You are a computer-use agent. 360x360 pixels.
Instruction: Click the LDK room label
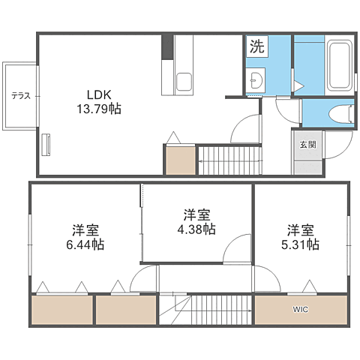click(99, 94)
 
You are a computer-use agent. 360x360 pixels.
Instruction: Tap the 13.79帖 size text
click(99, 109)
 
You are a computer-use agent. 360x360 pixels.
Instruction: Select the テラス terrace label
click(21, 95)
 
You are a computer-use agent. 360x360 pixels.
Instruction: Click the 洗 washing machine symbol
click(257, 46)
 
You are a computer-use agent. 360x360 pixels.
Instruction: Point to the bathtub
click(340, 65)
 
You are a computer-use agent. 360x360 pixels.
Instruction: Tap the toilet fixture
click(340, 114)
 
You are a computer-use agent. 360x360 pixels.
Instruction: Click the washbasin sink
click(256, 80)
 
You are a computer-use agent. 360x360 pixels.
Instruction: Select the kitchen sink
click(184, 82)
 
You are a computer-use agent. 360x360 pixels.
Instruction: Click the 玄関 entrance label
click(308, 145)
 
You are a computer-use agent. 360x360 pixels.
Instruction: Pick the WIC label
click(301, 310)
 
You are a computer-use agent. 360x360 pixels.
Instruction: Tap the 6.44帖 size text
click(85, 244)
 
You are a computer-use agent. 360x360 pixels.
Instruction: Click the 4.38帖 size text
click(196, 229)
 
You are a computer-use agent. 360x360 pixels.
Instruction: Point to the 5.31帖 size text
click(300, 244)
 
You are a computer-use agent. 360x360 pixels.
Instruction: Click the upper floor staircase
click(230, 160)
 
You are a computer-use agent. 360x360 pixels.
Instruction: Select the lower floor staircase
click(205, 310)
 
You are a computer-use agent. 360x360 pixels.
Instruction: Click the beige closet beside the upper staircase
click(181, 160)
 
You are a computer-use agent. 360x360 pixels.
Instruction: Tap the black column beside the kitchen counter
click(167, 47)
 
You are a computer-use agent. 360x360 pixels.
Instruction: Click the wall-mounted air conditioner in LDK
click(46, 145)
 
